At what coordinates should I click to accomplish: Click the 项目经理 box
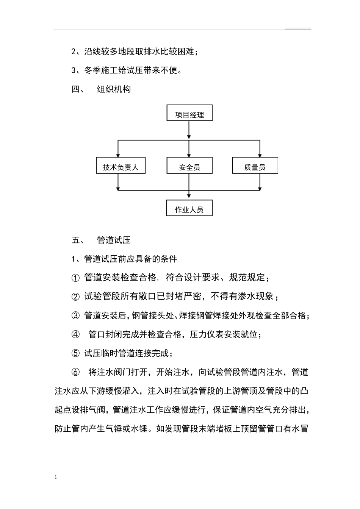point(189,113)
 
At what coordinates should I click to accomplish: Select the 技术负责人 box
point(121,166)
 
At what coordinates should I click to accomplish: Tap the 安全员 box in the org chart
point(189,166)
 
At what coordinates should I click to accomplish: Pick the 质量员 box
point(255,166)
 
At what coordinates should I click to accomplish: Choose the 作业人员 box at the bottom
point(189,208)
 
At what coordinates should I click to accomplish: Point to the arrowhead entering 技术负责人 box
point(118,155)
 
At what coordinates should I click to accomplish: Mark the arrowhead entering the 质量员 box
point(260,155)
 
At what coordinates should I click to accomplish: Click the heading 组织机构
point(114,89)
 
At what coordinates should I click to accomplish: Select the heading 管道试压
point(114,240)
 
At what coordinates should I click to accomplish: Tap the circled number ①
point(75,278)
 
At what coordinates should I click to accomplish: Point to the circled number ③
point(75,315)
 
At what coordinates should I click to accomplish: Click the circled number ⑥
point(75,372)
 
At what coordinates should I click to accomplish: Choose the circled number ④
point(75,334)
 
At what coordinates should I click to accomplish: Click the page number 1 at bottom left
point(56,477)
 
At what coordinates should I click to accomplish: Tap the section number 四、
point(78,89)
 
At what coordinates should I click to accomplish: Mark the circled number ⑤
point(75,353)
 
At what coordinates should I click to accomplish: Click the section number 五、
point(78,240)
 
